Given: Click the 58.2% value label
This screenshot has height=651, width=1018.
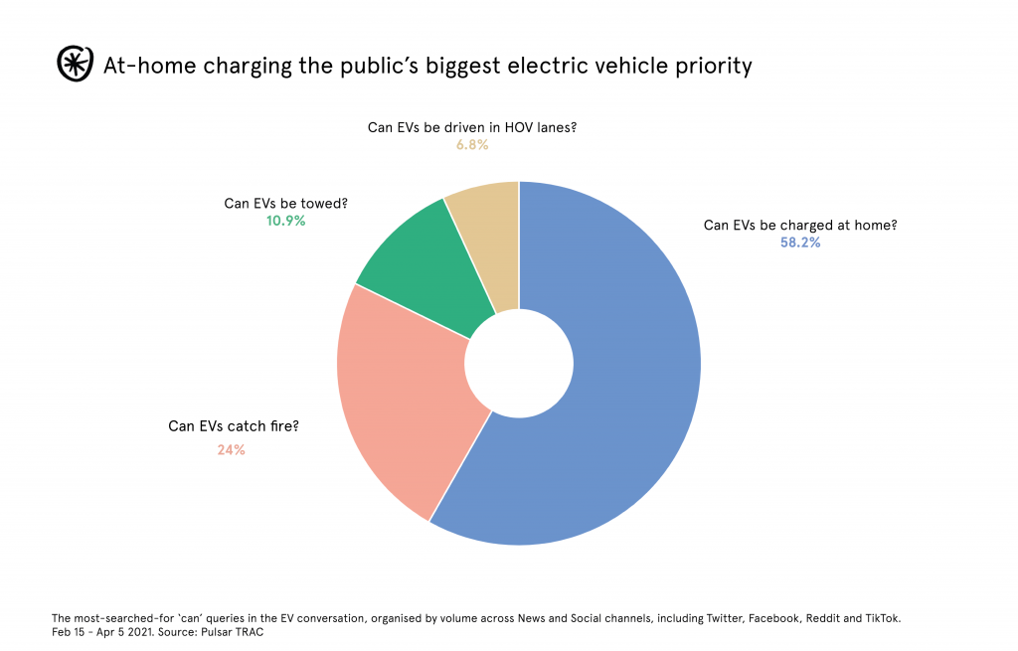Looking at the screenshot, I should [800, 243].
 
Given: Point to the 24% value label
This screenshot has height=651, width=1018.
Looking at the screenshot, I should [231, 449].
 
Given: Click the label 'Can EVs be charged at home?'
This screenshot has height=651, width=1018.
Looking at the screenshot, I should [800, 225].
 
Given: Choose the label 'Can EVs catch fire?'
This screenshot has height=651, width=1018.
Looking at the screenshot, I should [234, 426].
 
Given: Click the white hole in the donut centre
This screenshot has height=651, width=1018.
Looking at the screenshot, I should [519, 363].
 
